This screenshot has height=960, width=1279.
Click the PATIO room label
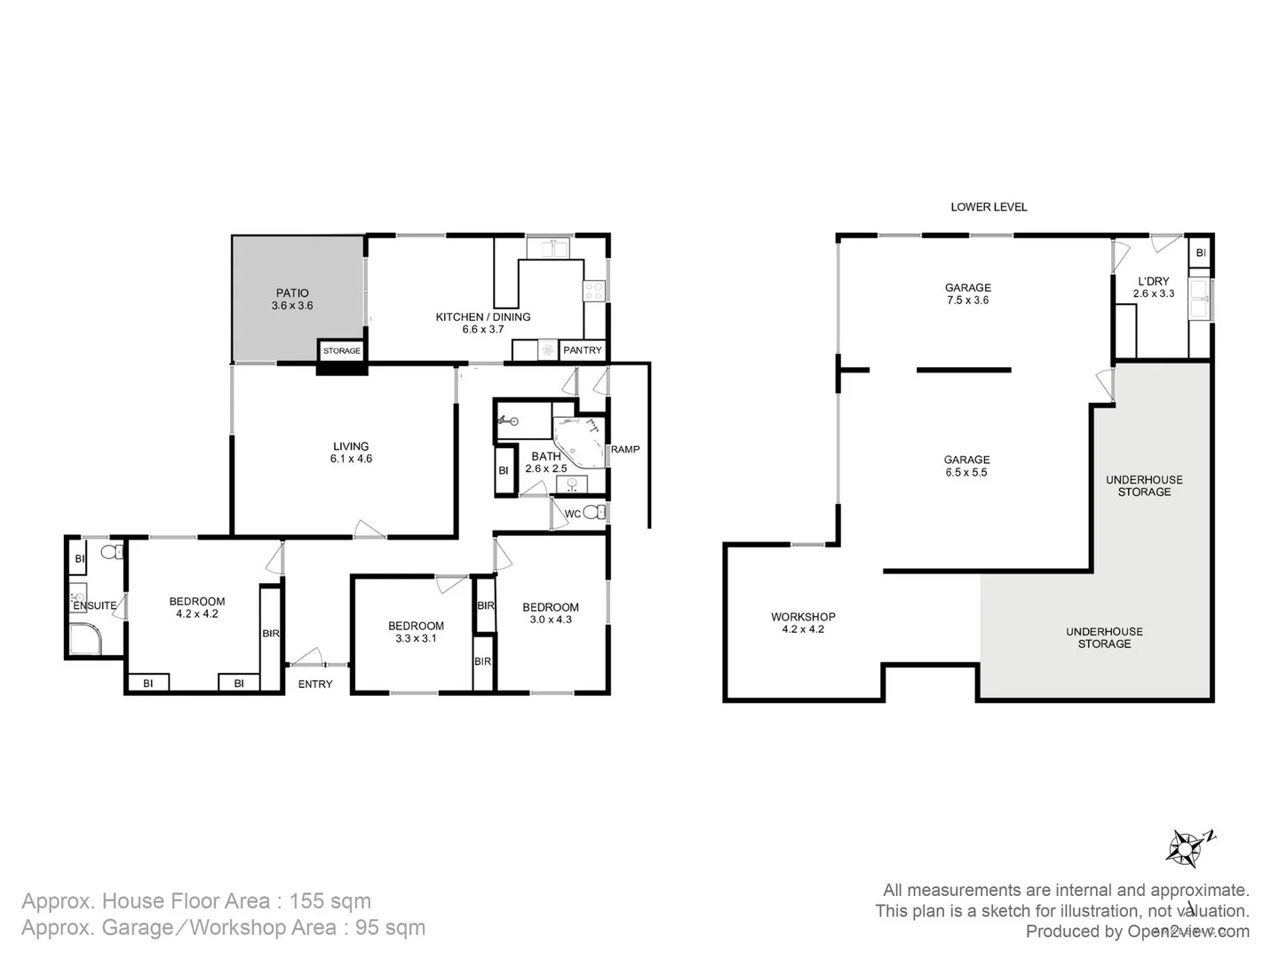click(292, 292)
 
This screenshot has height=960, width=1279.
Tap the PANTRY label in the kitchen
click(583, 350)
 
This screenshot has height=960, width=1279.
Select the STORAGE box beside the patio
click(342, 351)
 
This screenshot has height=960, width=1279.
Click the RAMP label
click(625, 449)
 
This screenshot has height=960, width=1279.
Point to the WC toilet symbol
click(596, 512)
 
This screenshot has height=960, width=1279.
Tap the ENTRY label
click(315, 684)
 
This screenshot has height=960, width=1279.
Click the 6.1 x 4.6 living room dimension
click(351, 460)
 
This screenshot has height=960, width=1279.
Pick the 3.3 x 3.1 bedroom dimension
click(416, 638)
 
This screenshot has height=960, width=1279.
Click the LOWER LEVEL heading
click(989, 206)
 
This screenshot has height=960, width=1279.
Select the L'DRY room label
click(1154, 281)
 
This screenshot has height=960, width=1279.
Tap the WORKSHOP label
click(803, 616)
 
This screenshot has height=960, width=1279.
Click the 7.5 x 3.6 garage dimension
click(967, 300)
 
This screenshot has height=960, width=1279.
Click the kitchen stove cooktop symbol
click(594, 289)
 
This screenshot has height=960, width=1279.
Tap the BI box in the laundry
click(1201, 253)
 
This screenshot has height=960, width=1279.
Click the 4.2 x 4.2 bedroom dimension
click(197, 614)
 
